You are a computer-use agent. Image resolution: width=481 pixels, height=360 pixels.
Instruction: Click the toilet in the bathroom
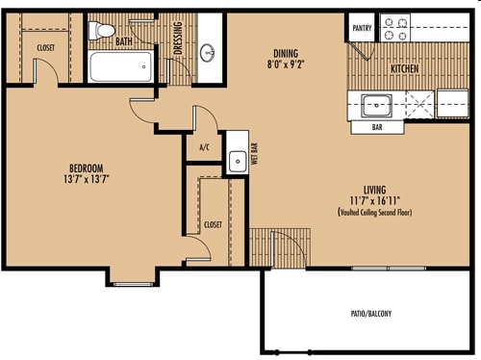click(101, 31)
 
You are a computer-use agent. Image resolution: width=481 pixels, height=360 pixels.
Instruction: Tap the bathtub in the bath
click(120, 66)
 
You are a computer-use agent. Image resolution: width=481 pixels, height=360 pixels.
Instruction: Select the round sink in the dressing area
click(208, 52)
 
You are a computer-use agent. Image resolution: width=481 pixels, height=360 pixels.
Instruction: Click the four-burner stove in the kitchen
click(395, 28)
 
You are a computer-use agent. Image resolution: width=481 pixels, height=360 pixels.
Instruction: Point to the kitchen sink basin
click(376, 105)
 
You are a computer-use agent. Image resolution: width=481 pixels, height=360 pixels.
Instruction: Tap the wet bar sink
click(238, 162)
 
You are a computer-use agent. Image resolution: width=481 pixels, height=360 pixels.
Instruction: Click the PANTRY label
click(362, 28)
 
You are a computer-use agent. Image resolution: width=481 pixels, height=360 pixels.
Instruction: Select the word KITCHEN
click(404, 68)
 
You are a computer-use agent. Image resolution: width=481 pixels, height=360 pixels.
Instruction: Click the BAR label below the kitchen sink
click(377, 127)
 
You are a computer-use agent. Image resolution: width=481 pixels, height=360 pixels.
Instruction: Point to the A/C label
click(205, 147)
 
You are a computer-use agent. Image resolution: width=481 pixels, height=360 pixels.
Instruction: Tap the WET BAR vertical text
click(255, 154)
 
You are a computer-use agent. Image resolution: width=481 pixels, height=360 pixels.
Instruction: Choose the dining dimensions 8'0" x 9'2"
click(286, 64)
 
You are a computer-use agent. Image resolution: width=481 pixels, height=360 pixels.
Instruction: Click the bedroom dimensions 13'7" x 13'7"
click(87, 179)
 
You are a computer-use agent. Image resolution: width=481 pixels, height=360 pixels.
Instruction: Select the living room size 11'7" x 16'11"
click(375, 201)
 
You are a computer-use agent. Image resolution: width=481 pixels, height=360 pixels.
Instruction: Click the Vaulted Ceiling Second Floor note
click(375, 212)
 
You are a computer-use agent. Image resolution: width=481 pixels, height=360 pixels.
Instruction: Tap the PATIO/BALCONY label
click(371, 314)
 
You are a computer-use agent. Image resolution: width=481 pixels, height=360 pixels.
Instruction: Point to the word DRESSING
click(178, 38)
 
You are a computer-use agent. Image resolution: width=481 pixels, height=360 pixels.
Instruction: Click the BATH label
click(124, 41)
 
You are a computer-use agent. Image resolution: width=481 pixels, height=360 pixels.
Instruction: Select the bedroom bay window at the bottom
click(133, 284)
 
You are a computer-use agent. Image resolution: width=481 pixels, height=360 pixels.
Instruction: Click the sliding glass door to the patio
click(389, 269)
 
